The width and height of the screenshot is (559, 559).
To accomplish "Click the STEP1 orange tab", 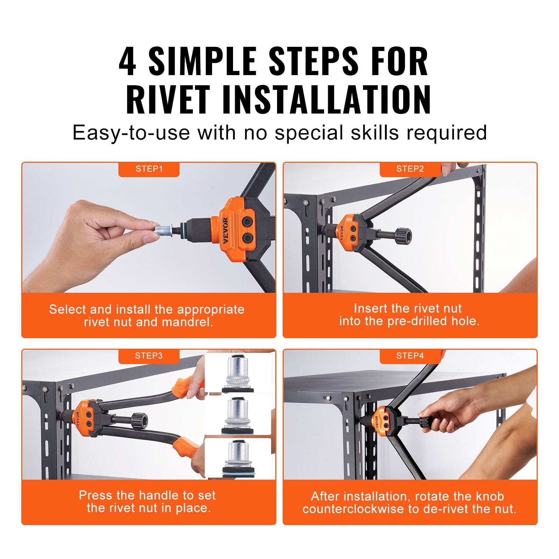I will [x=149, y=169].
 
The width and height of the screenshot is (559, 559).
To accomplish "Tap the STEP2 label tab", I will [x=410, y=169].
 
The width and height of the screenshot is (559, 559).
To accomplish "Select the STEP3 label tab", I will [x=149, y=356].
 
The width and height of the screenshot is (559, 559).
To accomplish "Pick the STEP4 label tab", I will [x=410, y=356].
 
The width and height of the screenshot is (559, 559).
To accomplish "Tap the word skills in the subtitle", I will [x=375, y=133].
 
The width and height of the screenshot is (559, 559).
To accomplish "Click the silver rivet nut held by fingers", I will [x=162, y=230].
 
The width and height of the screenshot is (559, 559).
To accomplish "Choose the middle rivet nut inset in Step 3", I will [x=238, y=416].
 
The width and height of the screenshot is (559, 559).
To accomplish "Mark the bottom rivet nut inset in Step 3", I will [x=238, y=458].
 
